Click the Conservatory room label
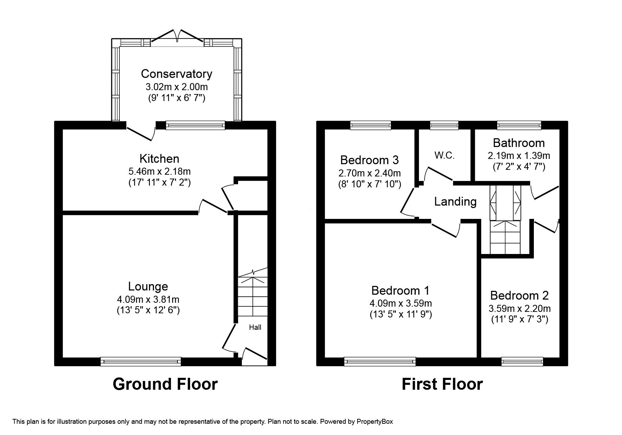(x=176, y=74)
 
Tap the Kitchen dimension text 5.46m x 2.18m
(x=159, y=172)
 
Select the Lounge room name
(x=148, y=287)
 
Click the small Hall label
(x=255, y=327)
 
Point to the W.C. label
(x=444, y=155)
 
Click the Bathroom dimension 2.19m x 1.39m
(x=518, y=155)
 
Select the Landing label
(x=455, y=201)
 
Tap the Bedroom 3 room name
(x=369, y=160)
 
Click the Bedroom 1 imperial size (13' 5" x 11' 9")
(x=401, y=315)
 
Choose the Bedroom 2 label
(x=519, y=295)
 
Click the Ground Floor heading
(x=165, y=384)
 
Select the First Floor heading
(x=442, y=384)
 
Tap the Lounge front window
(x=140, y=361)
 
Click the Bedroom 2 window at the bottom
(x=522, y=361)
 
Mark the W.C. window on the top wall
(x=444, y=125)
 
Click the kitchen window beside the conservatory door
(x=195, y=125)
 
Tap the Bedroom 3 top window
(x=371, y=125)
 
